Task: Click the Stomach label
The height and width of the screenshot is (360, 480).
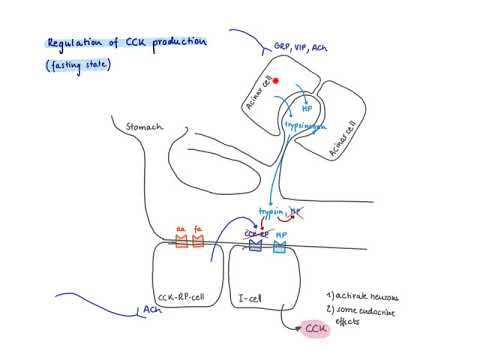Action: point(145,128)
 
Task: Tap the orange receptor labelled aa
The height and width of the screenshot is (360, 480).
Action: point(182,240)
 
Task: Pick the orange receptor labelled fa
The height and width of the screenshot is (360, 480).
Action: point(198,240)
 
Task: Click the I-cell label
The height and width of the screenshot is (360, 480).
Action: point(250,297)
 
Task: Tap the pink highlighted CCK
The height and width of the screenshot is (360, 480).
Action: point(316,328)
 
